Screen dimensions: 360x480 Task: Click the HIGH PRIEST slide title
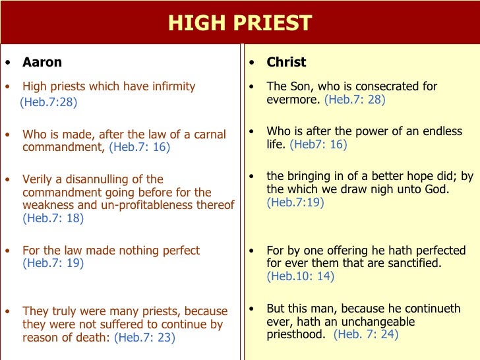[239, 23]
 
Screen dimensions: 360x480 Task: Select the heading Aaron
[42, 63]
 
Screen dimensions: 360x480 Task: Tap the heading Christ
[286, 63]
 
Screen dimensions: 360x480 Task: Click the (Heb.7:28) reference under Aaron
[48, 102]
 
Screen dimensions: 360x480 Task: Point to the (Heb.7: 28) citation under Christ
[355, 100]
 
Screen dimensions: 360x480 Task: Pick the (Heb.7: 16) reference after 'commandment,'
[139, 148]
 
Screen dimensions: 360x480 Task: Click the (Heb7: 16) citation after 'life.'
[318, 144]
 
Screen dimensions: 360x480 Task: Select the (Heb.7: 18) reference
[53, 219]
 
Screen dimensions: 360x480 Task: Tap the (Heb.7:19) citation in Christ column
[295, 203]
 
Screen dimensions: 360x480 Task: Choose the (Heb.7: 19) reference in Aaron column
[53, 264]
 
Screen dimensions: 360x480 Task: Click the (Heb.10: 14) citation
[300, 277]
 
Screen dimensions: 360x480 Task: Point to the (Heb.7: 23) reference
[144, 338]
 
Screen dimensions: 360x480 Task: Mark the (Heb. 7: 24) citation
[366, 334]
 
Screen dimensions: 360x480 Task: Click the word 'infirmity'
[170, 86]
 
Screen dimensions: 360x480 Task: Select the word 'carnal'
[210, 135]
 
